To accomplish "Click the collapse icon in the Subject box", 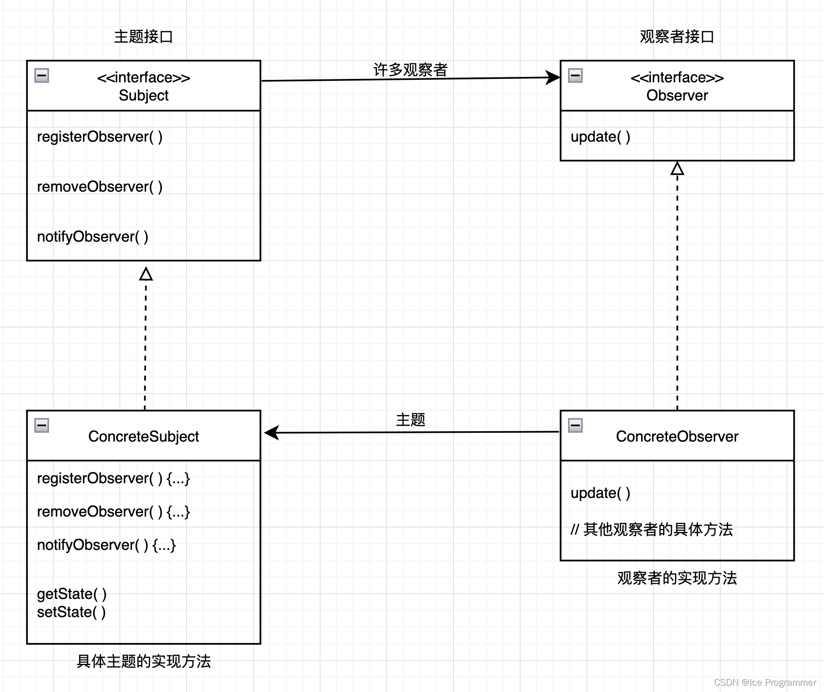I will [x=42, y=75].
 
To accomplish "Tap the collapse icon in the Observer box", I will [x=575, y=75].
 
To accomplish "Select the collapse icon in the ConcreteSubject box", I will [x=42, y=425].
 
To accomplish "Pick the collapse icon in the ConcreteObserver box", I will [x=575, y=425].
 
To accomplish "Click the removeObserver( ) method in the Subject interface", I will [x=100, y=187].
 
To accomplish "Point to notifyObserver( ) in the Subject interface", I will [x=93, y=237].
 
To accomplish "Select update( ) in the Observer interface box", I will [x=600, y=137].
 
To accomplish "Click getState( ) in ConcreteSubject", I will [x=72, y=594].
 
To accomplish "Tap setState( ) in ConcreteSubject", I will [x=71, y=612].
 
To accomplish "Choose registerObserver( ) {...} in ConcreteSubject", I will [x=113, y=478].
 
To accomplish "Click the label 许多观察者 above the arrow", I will [x=411, y=70].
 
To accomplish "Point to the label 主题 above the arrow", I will [x=411, y=420].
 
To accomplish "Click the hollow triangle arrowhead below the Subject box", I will [x=146, y=274].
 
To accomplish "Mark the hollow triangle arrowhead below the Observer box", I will [x=677, y=169].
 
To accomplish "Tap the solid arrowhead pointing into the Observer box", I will [x=553, y=77].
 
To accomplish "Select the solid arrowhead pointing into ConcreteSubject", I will [x=272, y=433].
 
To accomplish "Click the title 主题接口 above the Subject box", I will [x=143, y=37].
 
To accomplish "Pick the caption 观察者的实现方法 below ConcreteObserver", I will [x=677, y=578].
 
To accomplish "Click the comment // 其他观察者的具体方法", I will [x=651, y=529].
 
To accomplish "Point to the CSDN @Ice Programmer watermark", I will [x=765, y=682].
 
